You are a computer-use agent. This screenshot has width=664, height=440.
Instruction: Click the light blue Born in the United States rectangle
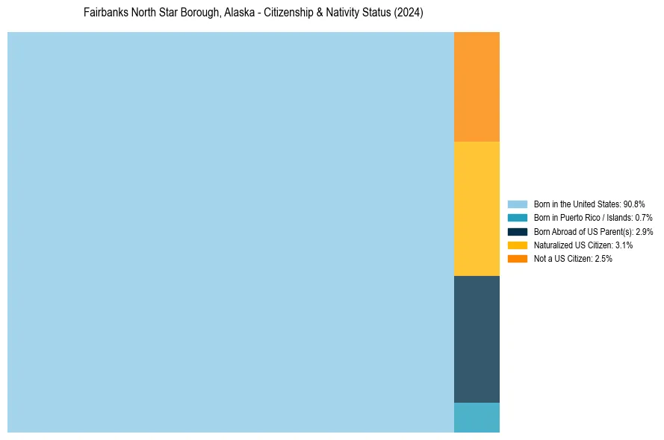pos(230,232)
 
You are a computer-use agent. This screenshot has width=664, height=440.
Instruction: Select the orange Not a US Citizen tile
pos(477,87)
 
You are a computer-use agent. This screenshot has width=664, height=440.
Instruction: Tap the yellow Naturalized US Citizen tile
pos(477,208)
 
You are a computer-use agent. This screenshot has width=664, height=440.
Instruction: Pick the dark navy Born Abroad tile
pos(477,339)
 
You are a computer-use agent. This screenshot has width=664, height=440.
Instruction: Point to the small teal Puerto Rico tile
pos(477,417)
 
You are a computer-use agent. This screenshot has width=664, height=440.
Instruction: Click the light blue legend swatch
pos(517,204)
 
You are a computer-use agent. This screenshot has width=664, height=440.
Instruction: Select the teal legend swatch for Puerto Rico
pos(517,218)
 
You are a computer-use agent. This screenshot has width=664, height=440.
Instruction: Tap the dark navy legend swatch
pos(517,231)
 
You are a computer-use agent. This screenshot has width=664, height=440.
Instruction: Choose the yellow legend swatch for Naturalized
pos(517,245)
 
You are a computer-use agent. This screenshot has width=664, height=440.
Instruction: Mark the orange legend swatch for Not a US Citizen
pos(517,259)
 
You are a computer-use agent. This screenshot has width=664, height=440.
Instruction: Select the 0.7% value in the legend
pos(644,218)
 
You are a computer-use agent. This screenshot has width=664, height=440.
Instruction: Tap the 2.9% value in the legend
pos(644,231)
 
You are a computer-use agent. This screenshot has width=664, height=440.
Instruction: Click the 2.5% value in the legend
pos(603,259)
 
